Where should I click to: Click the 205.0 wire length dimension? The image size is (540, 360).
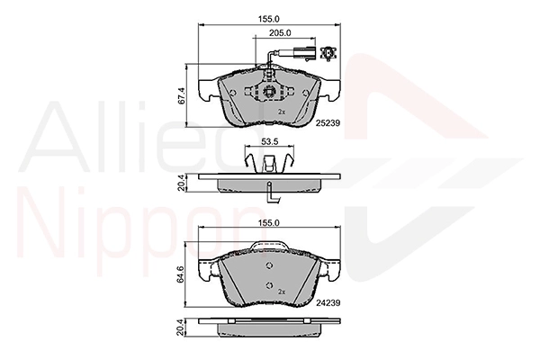pos(280,33)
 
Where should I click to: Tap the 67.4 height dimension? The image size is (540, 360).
pos(182,95)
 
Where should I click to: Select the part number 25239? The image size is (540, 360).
pos(328,122)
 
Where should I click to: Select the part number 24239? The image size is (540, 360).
pos(328,302)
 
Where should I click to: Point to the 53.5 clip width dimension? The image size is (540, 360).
pos(270,141)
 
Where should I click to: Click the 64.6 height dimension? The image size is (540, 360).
pos(182,274)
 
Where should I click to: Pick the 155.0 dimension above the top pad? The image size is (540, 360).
pos(269,19)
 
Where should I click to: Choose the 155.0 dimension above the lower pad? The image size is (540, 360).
pos(269,223)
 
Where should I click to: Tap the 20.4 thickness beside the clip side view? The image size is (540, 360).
pos(182,183)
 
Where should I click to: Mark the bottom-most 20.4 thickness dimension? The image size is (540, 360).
pos(182,327)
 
